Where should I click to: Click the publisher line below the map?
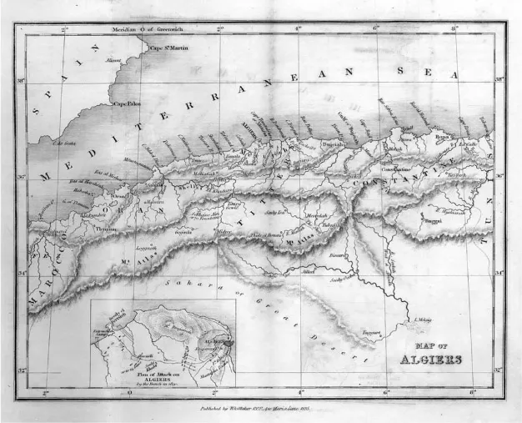pos(261,410)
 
